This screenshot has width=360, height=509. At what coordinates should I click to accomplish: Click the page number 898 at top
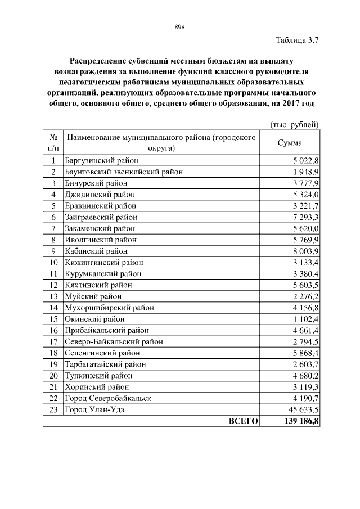[180, 27]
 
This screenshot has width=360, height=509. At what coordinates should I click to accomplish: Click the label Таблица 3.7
[298, 40]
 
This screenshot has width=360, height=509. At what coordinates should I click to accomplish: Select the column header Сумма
[290, 143]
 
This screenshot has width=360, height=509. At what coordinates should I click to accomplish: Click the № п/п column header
[53, 143]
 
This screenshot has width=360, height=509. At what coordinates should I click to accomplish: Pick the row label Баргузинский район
[97, 160]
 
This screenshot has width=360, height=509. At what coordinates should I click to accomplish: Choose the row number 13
[53, 296]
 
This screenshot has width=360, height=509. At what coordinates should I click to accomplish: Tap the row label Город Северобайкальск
[107, 398]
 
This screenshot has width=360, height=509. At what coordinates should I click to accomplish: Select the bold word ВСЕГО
[243, 421]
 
